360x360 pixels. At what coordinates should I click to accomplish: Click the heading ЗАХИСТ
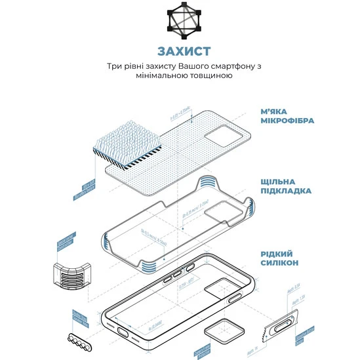pyautogui.click(x=180, y=51)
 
